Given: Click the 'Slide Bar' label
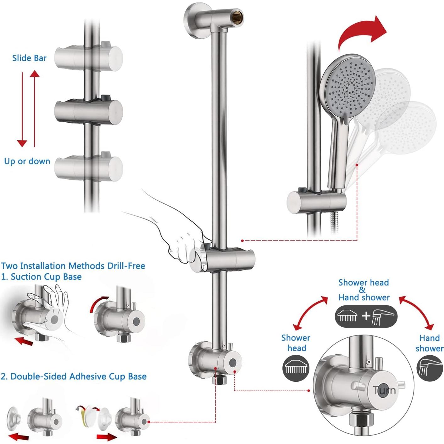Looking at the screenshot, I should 29,58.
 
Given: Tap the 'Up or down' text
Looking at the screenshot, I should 27,161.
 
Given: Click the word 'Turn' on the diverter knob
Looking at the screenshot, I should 384,391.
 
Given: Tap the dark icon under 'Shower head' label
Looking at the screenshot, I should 296,368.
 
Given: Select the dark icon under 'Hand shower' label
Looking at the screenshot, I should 430,368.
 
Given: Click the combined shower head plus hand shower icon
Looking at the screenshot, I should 366,316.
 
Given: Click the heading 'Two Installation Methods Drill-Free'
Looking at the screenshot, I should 73,266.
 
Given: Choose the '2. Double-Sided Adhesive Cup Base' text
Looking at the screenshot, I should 74,376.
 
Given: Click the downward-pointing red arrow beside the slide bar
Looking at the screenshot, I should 22,110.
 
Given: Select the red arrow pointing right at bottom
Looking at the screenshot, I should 106,436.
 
